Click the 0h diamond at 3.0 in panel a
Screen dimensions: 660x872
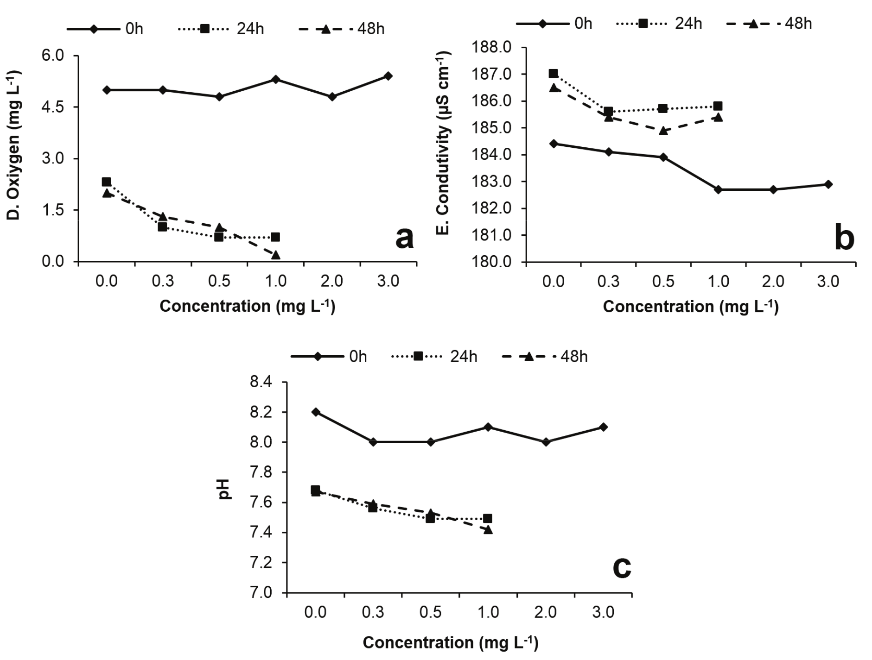coord(388,76)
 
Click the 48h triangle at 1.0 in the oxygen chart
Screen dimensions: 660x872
coord(276,255)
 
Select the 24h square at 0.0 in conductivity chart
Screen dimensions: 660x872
coord(553,74)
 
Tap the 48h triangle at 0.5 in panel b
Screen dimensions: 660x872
coord(663,131)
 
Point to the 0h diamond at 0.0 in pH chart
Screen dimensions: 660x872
coord(316,412)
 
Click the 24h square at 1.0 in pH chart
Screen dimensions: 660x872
coord(488,518)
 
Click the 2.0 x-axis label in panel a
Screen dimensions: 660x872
coord(332,281)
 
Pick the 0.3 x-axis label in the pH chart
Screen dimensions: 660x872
coord(373,612)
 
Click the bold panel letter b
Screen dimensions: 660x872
coord(844,239)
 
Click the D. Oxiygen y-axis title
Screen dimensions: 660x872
coord(14,145)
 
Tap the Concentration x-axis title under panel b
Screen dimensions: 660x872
coord(690,306)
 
